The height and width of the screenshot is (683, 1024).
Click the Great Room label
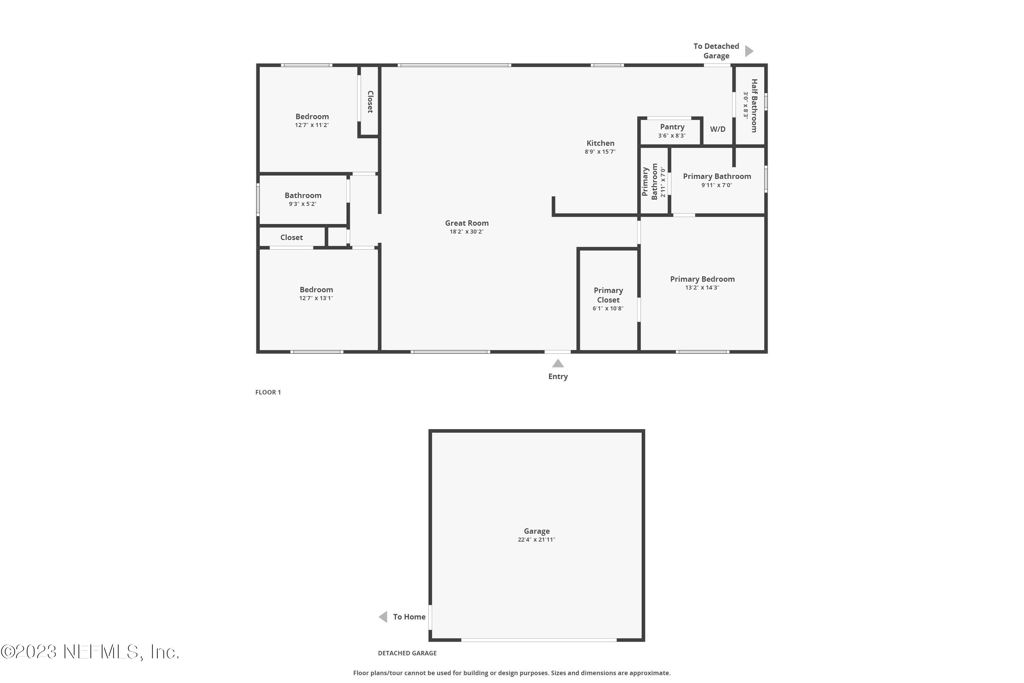(x=466, y=223)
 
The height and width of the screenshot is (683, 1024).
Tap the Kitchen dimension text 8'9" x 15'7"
(x=600, y=152)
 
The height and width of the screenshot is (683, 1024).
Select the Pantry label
(x=672, y=127)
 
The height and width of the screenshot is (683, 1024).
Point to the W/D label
(x=717, y=129)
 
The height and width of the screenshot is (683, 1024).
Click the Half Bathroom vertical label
(x=754, y=106)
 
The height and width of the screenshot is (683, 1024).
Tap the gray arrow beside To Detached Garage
(x=749, y=51)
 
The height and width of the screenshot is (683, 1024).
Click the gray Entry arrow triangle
(x=558, y=364)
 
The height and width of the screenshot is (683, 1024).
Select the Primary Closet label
(x=608, y=295)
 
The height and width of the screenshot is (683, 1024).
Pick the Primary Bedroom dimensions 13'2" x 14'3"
(x=702, y=288)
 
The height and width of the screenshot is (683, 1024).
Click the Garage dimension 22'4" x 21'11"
(x=536, y=540)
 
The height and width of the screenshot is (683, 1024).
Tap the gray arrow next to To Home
(x=383, y=617)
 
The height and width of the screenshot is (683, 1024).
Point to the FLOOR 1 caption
(x=268, y=392)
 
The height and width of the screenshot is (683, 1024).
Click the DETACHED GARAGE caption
(x=407, y=653)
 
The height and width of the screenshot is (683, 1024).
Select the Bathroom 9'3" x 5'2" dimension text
(x=302, y=204)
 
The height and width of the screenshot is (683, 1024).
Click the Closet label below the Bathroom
(x=291, y=237)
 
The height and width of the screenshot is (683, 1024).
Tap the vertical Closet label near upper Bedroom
(x=370, y=101)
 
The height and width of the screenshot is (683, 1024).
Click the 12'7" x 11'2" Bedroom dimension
(x=312, y=125)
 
